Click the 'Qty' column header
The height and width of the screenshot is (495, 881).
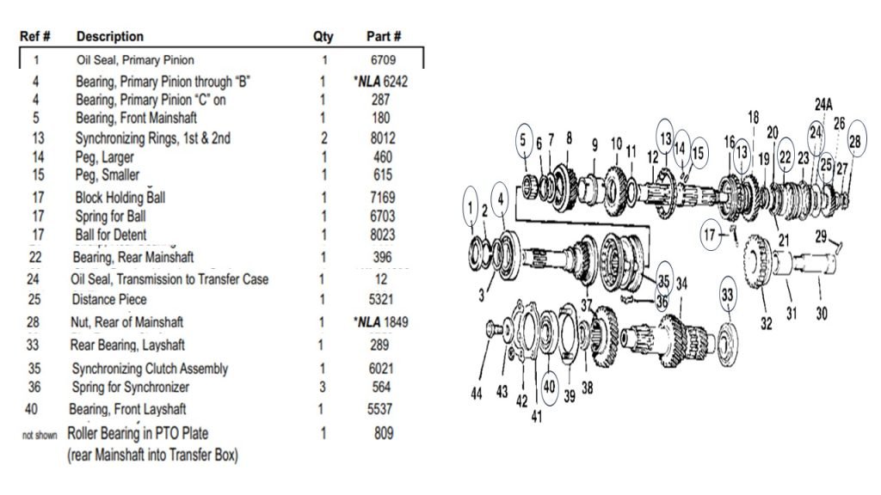pyautogui.click(x=323, y=37)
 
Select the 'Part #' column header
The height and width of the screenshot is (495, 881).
pyautogui.click(x=384, y=37)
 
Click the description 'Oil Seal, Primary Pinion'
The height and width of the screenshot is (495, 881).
pyautogui.click(x=135, y=60)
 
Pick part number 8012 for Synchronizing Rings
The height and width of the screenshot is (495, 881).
pyautogui.click(x=379, y=137)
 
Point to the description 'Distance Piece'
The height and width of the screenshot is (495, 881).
pyautogui.click(x=110, y=299)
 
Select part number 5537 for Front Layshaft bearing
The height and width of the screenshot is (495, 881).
pyautogui.click(x=379, y=409)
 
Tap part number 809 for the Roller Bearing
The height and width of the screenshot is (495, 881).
pyautogui.click(x=379, y=434)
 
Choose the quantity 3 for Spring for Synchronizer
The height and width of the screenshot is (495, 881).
pyautogui.click(x=324, y=387)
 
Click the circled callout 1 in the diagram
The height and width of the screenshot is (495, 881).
pyautogui.click(x=470, y=206)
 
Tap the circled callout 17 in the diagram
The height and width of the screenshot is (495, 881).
pyautogui.click(x=710, y=233)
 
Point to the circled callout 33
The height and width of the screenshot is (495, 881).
pyautogui.click(x=728, y=295)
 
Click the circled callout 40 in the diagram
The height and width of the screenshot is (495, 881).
pyautogui.click(x=550, y=387)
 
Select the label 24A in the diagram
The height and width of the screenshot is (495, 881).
pyautogui.click(x=823, y=104)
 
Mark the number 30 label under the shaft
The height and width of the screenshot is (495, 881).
pyautogui.click(x=822, y=314)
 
